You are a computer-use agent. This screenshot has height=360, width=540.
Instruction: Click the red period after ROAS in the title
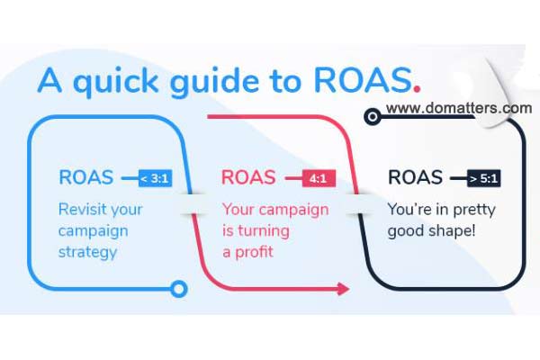tap(417, 88)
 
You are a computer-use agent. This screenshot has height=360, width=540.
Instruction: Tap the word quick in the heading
tap(116, 82)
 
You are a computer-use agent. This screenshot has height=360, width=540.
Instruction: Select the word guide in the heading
tap(215, 82)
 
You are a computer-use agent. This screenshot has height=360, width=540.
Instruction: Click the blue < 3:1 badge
tap(156, 178)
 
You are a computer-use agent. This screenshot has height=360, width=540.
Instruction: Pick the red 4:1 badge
tap(319, 178)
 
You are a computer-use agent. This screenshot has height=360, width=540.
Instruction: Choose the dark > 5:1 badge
tap(484, 178)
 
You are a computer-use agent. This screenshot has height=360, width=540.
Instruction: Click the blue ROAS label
tap(86, 177)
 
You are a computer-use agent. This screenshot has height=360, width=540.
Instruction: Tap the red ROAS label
tap(248, 177)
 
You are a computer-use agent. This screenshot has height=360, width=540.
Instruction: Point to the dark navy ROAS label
tap(415, 177)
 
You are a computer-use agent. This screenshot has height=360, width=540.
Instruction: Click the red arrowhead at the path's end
tap(344, 289)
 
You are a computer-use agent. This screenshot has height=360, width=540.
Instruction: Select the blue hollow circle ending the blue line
tap(179, 289)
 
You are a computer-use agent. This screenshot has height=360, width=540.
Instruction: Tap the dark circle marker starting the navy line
tap(373, 117)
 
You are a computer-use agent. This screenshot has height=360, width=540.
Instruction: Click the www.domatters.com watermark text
tap(459, 108)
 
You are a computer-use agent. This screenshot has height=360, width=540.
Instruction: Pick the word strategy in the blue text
tap(88, 252)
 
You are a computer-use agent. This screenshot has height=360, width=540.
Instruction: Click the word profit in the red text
tap(254, 252)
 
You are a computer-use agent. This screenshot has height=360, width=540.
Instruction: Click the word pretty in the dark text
tap(474, 210)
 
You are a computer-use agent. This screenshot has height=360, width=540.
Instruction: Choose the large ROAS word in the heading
tap(363, 80)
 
